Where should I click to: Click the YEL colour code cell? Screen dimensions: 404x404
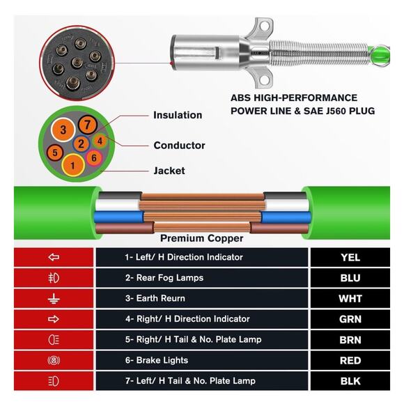click(x=350, y=257)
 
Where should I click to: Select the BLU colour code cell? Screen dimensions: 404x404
click(x=350, y=278)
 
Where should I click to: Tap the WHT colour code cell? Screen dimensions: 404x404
click(x=350, y=298)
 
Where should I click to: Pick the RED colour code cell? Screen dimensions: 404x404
click(x=350, y=360)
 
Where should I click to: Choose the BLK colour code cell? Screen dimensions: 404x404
click(x=350, y=381)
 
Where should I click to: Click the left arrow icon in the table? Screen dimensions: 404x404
click(x=54, y=257)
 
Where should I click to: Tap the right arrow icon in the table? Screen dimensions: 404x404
click(x=54, y=319)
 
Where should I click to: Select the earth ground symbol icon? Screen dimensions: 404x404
click(x=54, y=298)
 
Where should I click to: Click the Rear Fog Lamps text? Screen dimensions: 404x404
click(x=164, y=278)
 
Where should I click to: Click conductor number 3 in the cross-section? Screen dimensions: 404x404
click(x=63, y=130)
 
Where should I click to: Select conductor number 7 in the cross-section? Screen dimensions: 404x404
click(x=87, y=125)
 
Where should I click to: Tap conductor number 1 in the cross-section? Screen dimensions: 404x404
click(x=73, y=165)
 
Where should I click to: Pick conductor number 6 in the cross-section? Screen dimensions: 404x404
click(x=94, y=157)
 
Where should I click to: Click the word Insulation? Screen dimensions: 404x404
click(x=178, y=115)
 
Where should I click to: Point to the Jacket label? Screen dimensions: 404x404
click(x=169, y=171)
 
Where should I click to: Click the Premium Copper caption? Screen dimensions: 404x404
click(x=202, y=238)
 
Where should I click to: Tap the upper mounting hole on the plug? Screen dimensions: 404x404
click(x=264, y=26)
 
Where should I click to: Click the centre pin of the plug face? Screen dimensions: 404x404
click(x=77, y=63)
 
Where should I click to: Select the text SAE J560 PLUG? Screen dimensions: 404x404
click(x=339, y=111)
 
